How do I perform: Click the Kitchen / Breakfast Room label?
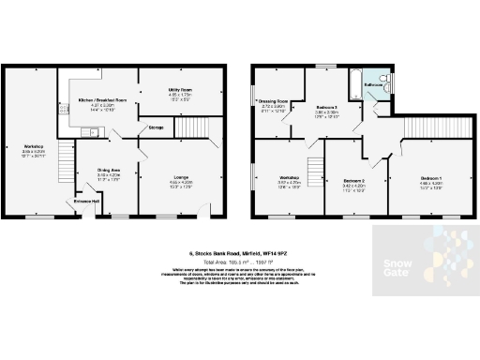pyautogui.click(x=100, y=98)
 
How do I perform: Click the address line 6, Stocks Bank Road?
pyautogui.click(x=239, y=253)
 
